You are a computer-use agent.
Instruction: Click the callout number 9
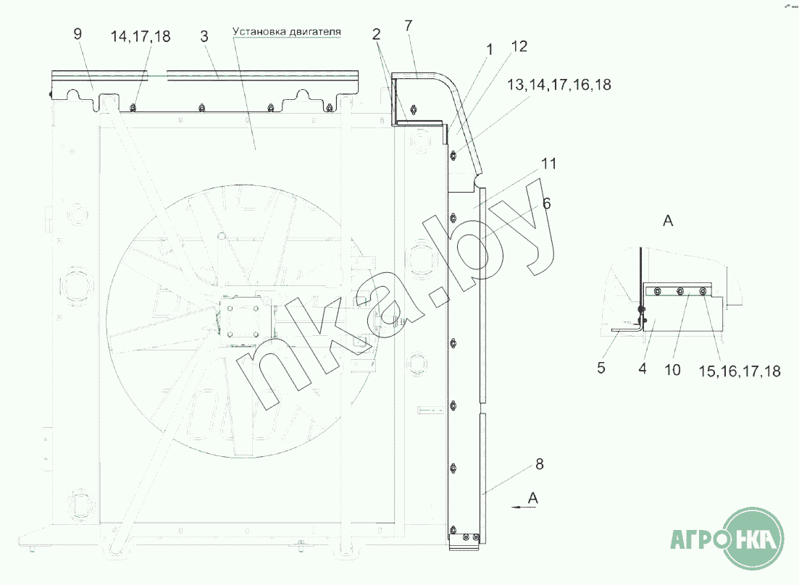tap(78, 34)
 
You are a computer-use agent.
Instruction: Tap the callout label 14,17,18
tap(141, 37)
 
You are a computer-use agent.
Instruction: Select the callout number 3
tap(204, 37)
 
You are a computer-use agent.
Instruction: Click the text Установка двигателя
tap(287, 32)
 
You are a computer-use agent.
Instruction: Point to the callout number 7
tap(408, 25)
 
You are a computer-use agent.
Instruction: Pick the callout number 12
tap(519, 46)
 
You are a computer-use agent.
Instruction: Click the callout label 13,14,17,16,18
tap(559, 85)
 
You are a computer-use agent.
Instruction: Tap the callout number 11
tap(548, 164)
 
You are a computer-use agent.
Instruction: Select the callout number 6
tap(546, 203)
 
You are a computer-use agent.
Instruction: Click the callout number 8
tap(539, 464)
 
